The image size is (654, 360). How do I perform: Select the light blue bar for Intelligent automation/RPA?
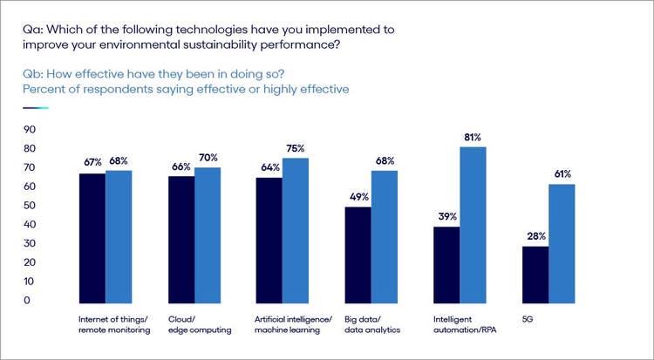pos(473,223)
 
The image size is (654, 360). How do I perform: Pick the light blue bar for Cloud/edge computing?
pos(208,234)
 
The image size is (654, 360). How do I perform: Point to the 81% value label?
pos(473,138)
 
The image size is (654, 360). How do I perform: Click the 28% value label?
pos(535,237)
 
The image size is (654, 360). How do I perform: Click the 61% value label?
pos(562,174)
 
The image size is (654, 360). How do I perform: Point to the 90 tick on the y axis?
pos(29,130)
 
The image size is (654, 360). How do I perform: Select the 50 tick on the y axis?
pos(29,206)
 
